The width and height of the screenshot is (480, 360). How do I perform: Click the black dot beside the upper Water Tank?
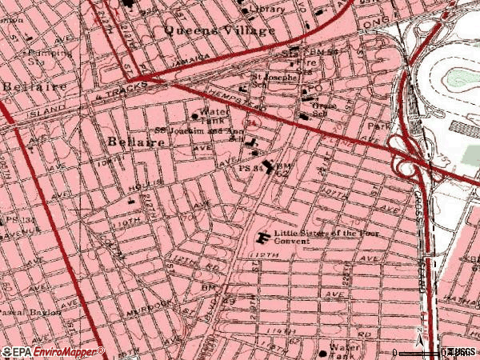pyautogui.click(x=194, y=116)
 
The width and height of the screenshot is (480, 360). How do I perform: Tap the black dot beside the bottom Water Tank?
pyautogui.click(x=323, y=351)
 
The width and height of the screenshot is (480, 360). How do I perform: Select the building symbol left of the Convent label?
pyautogui.click(x=263, y=238)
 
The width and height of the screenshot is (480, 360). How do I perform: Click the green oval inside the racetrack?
pyautogui.click(x=461, y=77)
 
